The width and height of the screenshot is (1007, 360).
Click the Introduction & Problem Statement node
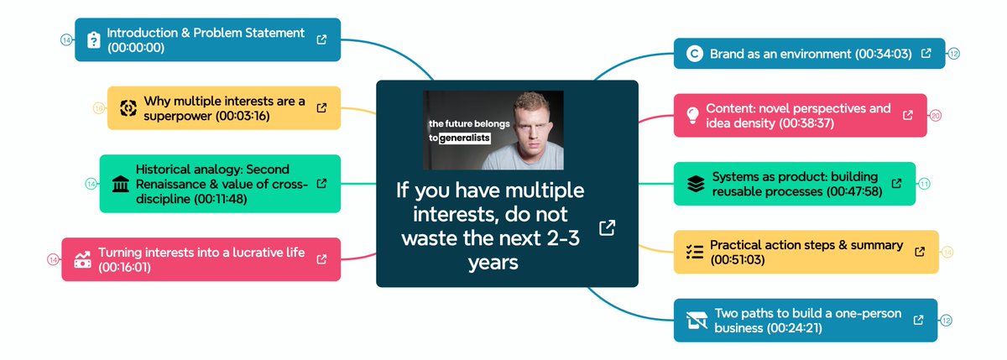pos(206,39)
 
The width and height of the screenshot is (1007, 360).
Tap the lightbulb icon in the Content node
pos(692,115)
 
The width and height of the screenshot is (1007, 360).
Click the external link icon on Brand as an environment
pos(926,53)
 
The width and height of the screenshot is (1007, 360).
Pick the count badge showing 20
pos(936,115)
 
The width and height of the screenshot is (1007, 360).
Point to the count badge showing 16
pos(98,107)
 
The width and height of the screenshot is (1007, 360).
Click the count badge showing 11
pos(924,184)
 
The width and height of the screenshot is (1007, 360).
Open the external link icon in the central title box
pos(607,227)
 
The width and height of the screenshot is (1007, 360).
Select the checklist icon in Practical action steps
pos(694,252)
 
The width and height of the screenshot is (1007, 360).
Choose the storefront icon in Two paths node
pos(696,320)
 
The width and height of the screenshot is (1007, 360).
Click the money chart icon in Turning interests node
pos(82,259)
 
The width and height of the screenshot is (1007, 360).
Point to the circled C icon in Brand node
pos(693,54)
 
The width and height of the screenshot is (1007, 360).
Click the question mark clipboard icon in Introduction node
pos(93,39)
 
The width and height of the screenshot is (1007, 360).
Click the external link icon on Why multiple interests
pos(321,107)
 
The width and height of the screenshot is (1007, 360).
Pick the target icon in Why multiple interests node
pos(127,108)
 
